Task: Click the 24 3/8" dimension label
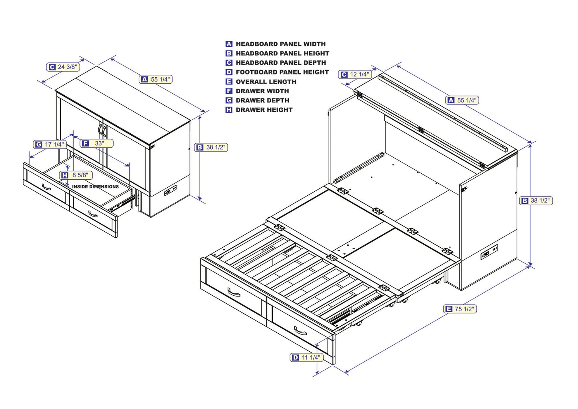63,67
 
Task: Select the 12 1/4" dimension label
355,74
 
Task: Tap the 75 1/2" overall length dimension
460,309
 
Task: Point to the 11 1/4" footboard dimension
306,357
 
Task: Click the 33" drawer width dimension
96,143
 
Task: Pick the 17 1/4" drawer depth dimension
50,144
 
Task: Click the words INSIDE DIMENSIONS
95,186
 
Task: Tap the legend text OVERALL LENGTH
266,82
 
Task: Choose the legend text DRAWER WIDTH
262,91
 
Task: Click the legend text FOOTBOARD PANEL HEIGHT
282,72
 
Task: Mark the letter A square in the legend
229,44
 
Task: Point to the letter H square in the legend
229,110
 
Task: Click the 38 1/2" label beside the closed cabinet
212,147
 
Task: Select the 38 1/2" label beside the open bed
536,200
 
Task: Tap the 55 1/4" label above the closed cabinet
156,80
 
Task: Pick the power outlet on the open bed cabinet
489,253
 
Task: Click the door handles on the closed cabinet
102,130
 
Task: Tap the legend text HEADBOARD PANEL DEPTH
281,63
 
